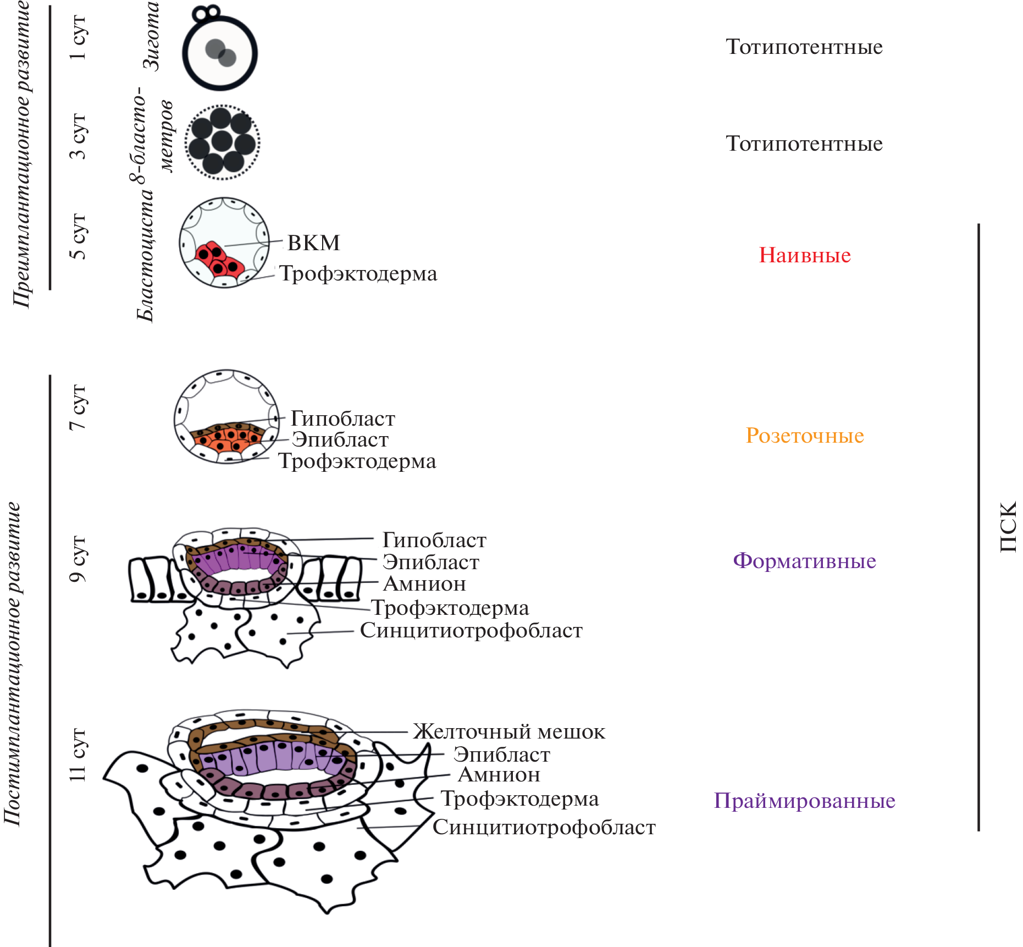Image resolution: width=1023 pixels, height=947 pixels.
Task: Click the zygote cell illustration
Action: [x=220, y=53]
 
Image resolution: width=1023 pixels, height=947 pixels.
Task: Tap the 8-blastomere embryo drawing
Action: [x=222, y=142]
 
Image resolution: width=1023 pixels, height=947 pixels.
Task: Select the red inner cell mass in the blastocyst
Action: [x=219, y=259]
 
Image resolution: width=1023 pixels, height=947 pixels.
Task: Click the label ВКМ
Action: [x=314, y=243]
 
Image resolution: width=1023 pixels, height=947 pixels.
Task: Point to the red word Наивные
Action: [x=805, y=255]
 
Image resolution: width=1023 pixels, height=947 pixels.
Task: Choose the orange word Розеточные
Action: [x=805, y=436]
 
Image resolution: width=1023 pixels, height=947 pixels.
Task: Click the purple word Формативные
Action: [x=804, y=561]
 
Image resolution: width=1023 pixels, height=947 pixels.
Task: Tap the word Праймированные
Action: [x=804, y=801]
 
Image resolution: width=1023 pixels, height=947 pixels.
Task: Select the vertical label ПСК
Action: [x=1008, y=527]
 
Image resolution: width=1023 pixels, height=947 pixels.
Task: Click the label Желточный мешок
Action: [x=509, y=732]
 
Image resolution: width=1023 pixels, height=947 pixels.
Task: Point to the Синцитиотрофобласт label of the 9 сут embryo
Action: [x=471, y=631]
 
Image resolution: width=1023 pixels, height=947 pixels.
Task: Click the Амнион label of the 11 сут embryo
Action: [x=499, y=775]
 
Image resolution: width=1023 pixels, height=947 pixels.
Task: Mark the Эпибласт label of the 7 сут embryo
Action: [x=340, y=440]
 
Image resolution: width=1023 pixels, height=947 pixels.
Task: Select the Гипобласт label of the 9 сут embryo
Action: [x=434, y=541]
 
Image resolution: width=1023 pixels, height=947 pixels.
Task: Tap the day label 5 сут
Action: [x=78, y=236]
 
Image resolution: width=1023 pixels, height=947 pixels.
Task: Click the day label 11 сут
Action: [x=78, y=755]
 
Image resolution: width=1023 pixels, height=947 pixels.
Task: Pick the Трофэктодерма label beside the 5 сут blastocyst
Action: [x=358, y=274]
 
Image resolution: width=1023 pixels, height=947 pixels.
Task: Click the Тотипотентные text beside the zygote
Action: [x=804, y=47]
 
